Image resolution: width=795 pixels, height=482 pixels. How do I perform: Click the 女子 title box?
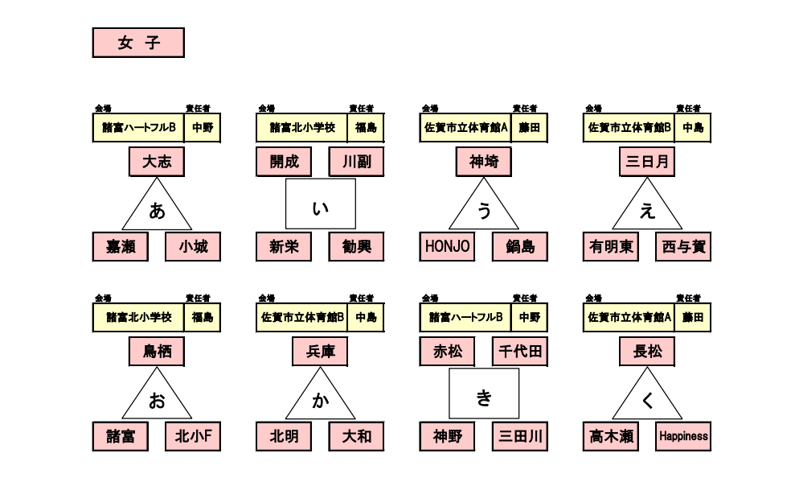coord(138,43)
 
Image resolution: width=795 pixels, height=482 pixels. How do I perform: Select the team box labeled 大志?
coord(157,162)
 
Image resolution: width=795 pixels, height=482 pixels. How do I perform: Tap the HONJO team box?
coord(446,247)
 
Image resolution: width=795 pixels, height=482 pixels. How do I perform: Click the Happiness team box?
coord(683,437)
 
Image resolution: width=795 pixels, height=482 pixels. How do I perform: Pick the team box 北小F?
coord(193,437)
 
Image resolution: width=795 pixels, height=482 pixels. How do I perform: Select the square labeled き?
coord(483,394)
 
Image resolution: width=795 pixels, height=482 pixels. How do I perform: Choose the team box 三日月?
coord(647,162)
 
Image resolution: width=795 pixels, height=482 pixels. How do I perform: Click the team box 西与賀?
coord(683,247)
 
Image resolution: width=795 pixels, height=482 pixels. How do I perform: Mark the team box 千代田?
coord(519,352)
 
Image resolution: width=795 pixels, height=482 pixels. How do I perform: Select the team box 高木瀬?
coord(609,437)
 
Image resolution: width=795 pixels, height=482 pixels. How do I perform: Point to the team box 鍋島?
coord(519,247)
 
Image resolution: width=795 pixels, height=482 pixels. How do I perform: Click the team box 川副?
coord(356,162)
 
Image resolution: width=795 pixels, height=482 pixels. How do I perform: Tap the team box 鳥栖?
coord(157,352)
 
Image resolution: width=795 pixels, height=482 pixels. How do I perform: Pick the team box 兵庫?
coord(320,352)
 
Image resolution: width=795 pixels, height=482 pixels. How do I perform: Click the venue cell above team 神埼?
coord(465,128)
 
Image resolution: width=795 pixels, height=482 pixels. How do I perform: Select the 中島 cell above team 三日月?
coord(692,128)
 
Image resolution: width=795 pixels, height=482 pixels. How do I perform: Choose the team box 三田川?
coord(519,437)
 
